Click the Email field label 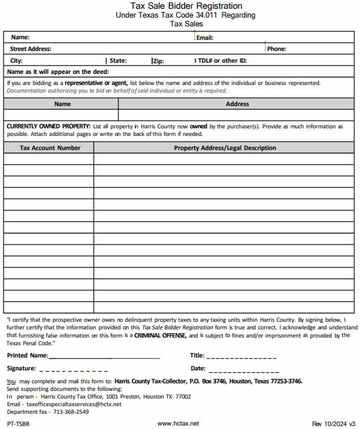click(205, 38)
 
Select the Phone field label click(277, 49)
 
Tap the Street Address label click(30, 49)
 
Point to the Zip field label click(158, 60)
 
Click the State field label click(118, 60)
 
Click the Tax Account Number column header click(50, 148)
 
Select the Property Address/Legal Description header click(225, 148)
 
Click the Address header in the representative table click(237, 104)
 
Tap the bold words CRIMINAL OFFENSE click(160, 335)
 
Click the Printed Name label click(28, 355)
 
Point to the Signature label click(22, 369)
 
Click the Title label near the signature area click(197, 355)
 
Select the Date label click(198, 369)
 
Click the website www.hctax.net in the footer click(178, 423)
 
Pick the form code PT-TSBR click(18, 423)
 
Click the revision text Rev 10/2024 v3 click(334, 423)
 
